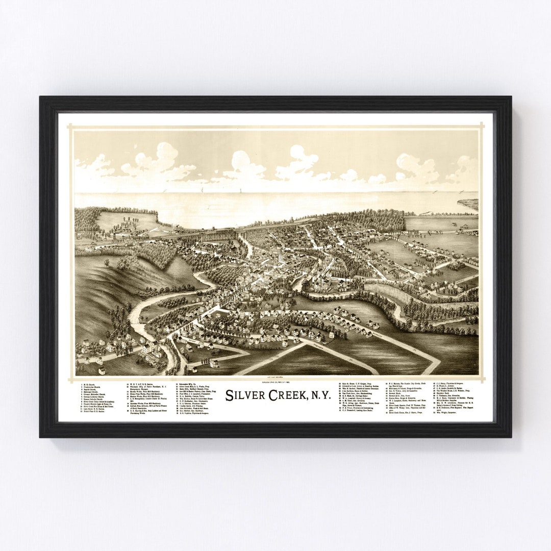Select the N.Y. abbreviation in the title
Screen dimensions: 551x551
point(318,395)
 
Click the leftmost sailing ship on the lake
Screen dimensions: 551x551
point(202,190)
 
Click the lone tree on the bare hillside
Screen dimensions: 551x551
point(107,262)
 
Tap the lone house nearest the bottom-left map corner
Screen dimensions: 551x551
point(101,370)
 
